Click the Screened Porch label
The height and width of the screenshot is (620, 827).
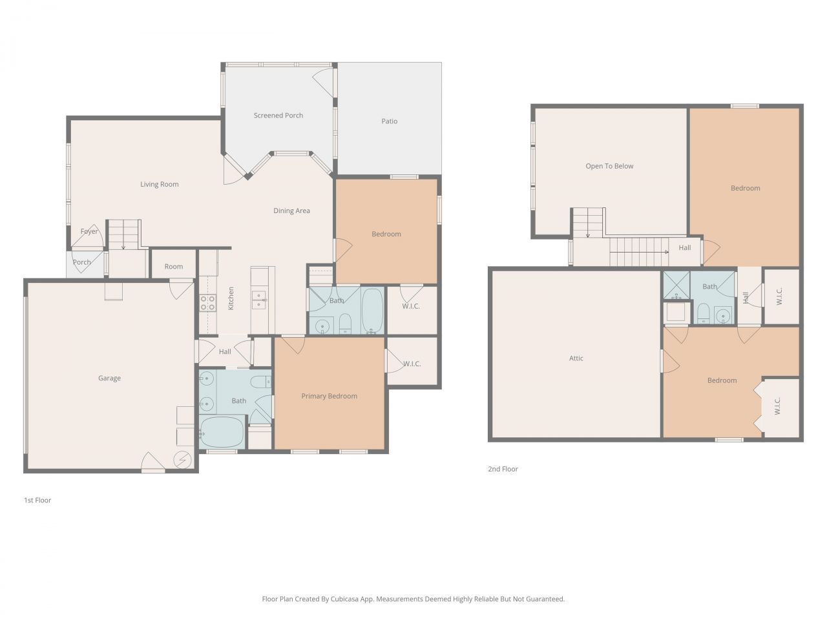pyautogui.click(x=278, y=116)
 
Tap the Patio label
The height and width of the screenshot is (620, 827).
pyautogui.click(x=389, y=121)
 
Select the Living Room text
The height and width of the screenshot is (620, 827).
pyautogui.click(x=159, y=185)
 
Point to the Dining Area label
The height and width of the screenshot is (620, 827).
pyautogui.click(x=291, y=211)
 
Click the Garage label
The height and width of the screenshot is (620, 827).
pyautogui.click(x=109, y=378)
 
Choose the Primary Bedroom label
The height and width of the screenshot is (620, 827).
pyautogui.click(x=329, y=397)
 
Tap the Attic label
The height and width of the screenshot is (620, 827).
pyautogui.click(x=576, y=358)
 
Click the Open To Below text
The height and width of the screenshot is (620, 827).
pyautogui.click(x=609, y=167)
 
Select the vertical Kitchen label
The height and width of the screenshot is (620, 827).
pyautogui.click(x=231, y=298)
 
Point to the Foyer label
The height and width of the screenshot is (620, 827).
pyautogui.click(x=89, y=232)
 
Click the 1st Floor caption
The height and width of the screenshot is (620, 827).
pyautogui.click(x=37, y=501)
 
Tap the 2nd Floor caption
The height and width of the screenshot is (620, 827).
pyautogui.click(x=503, y=470)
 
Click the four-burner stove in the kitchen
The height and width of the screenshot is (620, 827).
pyautogui.click(x=207, y=303)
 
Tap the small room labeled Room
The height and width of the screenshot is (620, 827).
pyautogui.click(x=173, y=266)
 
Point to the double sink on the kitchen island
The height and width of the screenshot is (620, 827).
pyautogui.click(x=258, y=299)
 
